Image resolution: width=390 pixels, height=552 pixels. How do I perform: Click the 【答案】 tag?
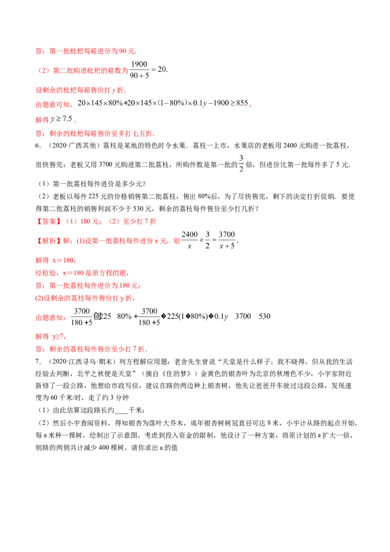tap(48, 221)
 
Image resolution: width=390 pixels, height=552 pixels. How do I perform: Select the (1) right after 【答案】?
tap(71, 221)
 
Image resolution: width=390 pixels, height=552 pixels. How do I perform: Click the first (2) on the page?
tap(44, 70)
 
